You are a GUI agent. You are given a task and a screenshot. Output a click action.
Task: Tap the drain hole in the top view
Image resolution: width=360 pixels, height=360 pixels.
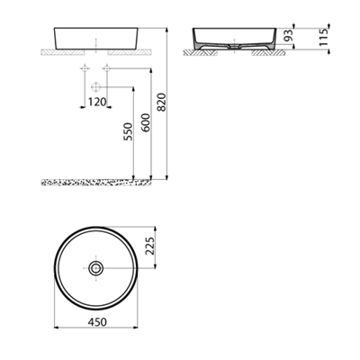95,267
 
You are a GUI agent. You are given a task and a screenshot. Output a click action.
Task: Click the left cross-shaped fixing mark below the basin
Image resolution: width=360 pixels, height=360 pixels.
85,69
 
